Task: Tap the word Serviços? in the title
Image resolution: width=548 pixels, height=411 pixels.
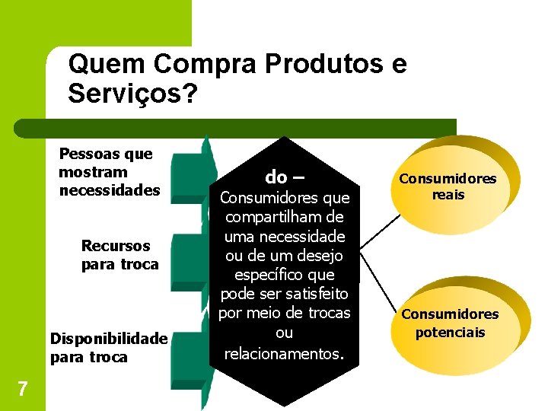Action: (x=132, y=94)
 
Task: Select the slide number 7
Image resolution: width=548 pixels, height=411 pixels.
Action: (x=23, y=389)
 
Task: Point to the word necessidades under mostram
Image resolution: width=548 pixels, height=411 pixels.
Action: (x=110, y=190)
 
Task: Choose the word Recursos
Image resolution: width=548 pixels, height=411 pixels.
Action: (x=116, y=246)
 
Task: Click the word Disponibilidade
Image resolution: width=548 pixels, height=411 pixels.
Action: (x=108, y=339)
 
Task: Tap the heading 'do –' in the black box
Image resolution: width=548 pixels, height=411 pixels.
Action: (x=284, y=177)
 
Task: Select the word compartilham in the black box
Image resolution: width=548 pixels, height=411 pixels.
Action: (x=284, y=217)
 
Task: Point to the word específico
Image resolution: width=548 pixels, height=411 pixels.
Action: (x=284, y=274)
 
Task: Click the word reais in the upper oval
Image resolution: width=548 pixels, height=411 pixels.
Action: (x=448, y=195)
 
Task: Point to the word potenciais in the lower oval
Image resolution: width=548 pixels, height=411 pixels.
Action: (x=450, y=332)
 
